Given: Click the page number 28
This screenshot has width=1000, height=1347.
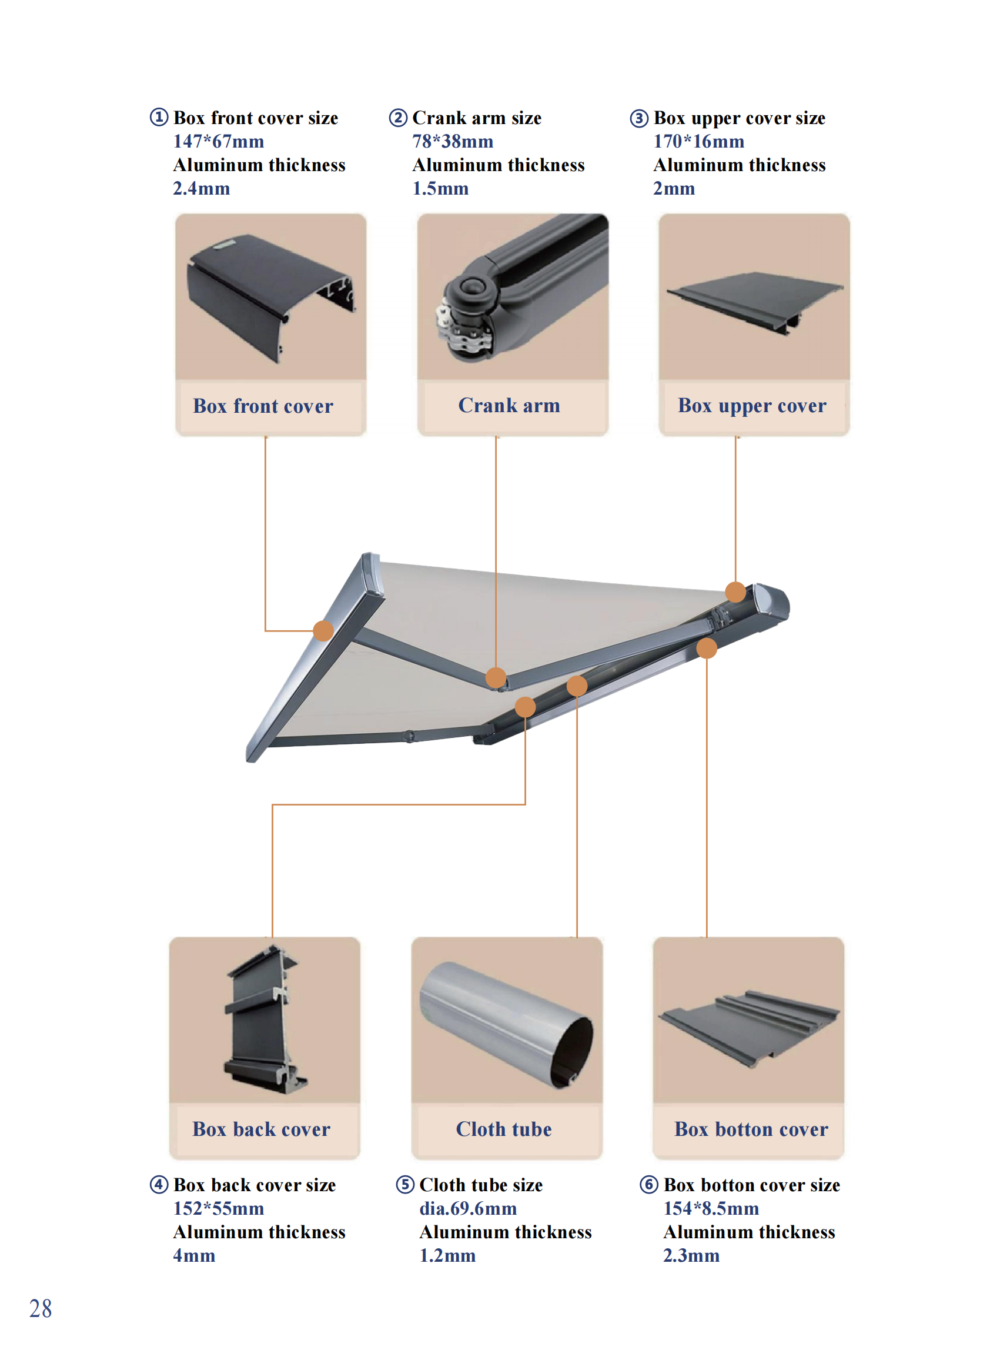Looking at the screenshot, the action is tap(41, 1309).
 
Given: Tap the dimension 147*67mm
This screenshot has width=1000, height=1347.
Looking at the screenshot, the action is tap(219, 141).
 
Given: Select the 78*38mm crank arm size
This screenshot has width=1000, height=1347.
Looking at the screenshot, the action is tap(453, 141).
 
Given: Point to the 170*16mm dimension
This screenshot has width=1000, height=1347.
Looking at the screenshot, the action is tap(698, 141).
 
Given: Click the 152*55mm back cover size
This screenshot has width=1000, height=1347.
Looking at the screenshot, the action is tap(219, 1208).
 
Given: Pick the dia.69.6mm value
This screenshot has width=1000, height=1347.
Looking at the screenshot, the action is tap(468, 1208).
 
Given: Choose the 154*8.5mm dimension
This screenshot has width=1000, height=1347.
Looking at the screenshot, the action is tap(711, 1208).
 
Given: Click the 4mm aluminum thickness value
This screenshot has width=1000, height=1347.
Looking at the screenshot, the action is tap(195, 1256).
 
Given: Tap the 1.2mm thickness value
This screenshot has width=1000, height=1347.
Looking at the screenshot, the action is tap(447, 1256).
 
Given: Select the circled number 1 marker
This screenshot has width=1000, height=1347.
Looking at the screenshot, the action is tap(159, 117).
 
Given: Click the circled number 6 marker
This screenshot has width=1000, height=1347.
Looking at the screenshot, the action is tap(649, 1184).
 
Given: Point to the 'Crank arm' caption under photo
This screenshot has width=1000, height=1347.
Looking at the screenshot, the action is tap(509, 405).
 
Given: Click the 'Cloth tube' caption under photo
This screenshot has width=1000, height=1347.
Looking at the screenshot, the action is tap(504, 1129).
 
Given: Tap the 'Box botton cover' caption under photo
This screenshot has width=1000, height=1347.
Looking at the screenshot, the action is tap(751, 1129).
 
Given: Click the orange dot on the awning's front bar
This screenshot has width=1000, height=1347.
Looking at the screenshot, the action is tap(323, 630).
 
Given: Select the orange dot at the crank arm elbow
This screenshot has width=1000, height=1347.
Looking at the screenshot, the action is tap(496, 677).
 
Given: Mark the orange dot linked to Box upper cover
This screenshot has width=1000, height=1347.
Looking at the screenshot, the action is tap(735, 591).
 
